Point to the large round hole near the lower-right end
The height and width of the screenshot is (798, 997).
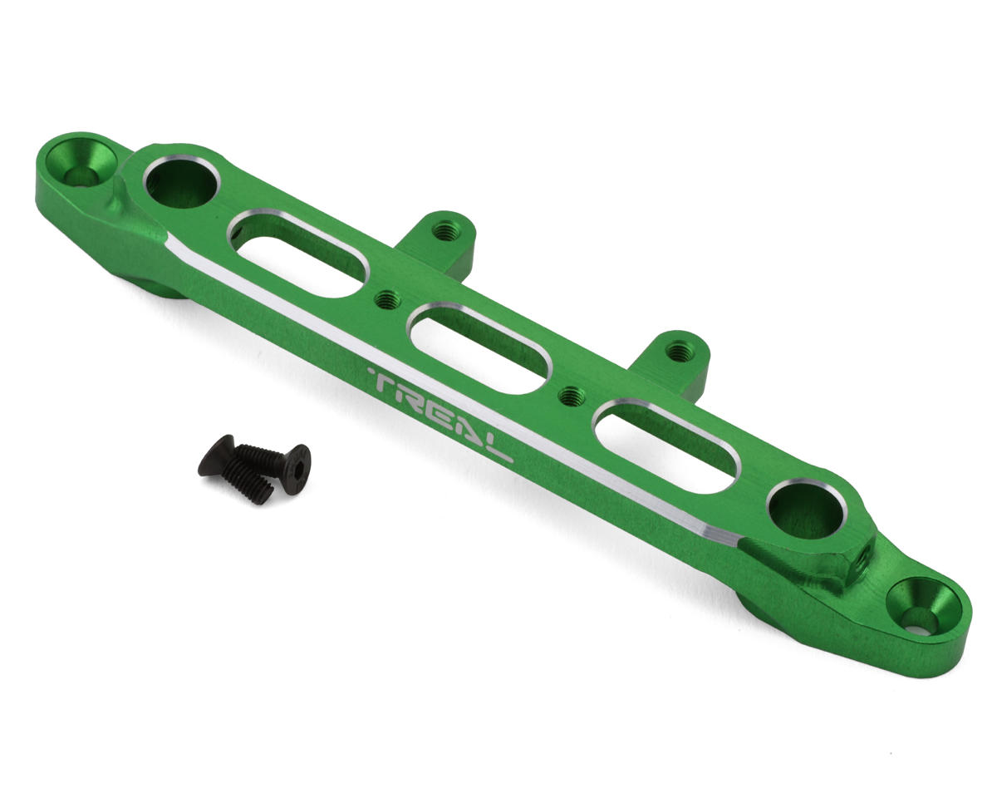click(807, 506)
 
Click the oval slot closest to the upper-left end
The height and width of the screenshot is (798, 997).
click(299, 254)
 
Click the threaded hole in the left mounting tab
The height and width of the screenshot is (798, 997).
click(444, 230)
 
